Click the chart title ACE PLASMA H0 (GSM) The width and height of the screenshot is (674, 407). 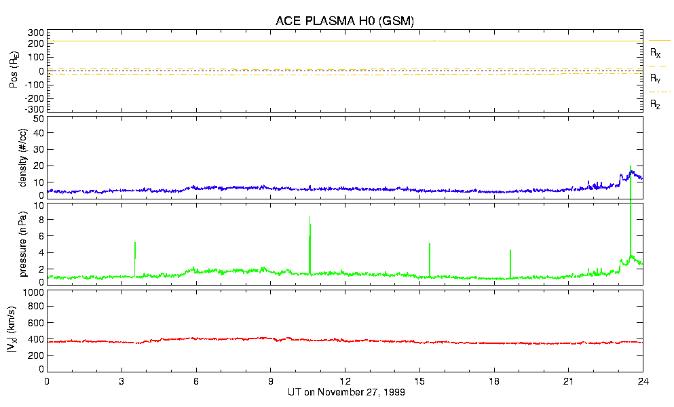345,21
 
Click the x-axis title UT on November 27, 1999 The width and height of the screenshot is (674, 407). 345,393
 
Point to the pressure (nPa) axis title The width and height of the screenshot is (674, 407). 22,241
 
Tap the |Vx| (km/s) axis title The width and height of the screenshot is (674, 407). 22,330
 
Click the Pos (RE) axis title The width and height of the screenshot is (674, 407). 13,71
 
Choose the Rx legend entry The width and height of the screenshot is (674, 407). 656,52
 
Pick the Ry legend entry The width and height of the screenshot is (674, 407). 656,79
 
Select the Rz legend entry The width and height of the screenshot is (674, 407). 656,104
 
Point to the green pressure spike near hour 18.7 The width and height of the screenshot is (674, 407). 510,261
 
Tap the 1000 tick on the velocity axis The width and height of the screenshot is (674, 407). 33,293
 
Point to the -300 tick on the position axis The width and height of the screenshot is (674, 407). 35,109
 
